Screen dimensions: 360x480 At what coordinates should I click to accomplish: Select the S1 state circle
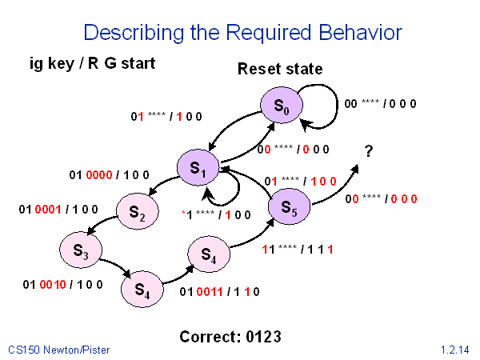pyautogui.click(x=198, y=168)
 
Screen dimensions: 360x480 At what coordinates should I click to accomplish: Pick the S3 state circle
pyautogui.click(x=80, y=250)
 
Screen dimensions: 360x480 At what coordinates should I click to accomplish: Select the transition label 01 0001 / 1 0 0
pyautogui.click(x=58, y=210)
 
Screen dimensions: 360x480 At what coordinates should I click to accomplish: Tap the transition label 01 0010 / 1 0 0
pyautogui.click(x=57, y=282)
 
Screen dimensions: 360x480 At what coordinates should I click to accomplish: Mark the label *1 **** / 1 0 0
pyautogui.click(x=216, y=214)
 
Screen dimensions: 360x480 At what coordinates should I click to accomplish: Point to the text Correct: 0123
pyautogui.click(x=230, y=336)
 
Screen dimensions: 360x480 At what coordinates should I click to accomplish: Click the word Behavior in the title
pyautogui.click(x=353, y=33)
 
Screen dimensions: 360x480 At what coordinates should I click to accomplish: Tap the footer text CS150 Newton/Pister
pyautogui.click(x=59, y=350)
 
